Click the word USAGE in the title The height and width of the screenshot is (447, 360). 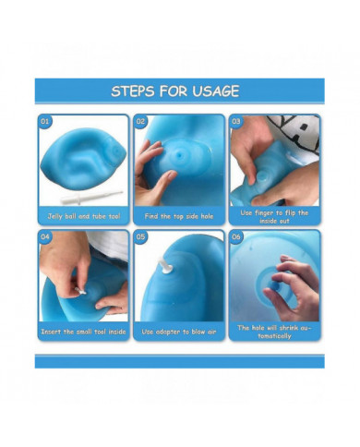pyautogui.click(x=216, y=91)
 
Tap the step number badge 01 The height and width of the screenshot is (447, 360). pyautogui.click(x=45, y=121)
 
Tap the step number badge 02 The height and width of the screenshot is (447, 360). pyautogui.click(x=140, y=121)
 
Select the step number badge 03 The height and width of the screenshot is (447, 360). pyautogui.click(x=236, y=121)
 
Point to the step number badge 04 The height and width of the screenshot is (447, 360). pyautogui.click(x=45, y=236)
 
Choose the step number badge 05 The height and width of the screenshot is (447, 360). pyautogui.click(x=140, y=236)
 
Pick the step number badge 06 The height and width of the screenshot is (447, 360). pyautogui.click(x=236, y=236)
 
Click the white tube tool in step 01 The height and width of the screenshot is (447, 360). pyautogui.click(x=91, y=197)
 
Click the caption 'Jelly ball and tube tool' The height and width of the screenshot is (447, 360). pyautogui.click(x=84, y=216)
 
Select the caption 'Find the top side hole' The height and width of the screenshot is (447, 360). pyautogui.click(x=179, y=216)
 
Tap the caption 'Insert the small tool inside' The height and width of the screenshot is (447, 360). pyautogui.click(x=84, y=332)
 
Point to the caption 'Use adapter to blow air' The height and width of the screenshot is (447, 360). pyautogui.click(x=179, y=332)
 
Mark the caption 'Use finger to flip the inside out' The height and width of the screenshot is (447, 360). pyautogui.click(x=274, y=217)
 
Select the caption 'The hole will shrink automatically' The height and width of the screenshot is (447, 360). pyautogui.click(x=274, y=332)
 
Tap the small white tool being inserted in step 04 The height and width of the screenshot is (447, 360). pyautogui.click(x=80, y=291)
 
